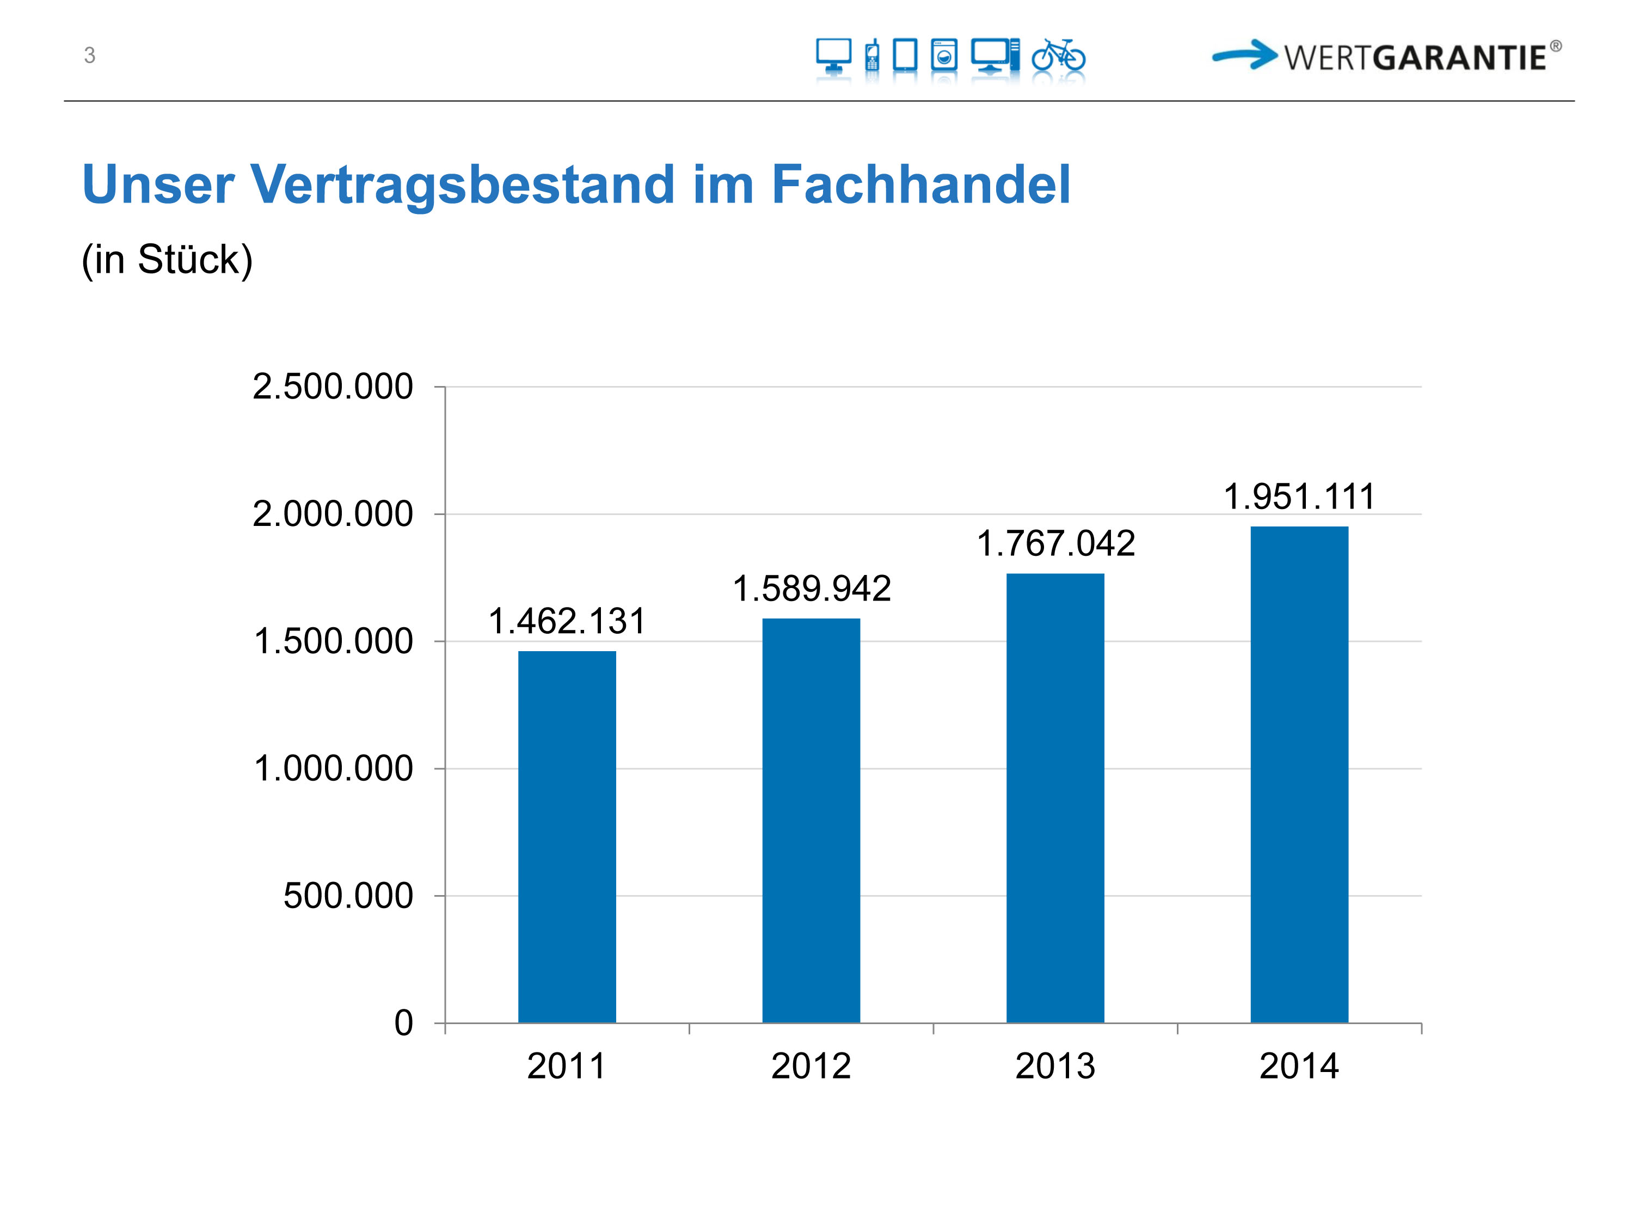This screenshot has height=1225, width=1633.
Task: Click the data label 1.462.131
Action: coord(567,621)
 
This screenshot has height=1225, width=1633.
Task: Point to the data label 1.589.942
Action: coord(812,589)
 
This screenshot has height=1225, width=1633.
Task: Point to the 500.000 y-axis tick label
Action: coord(348,896)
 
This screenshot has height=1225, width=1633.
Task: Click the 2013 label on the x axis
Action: coord(1055,1066)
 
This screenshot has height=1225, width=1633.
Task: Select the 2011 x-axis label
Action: coord(567,1066)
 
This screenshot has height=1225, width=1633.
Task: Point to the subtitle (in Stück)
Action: coord(167,259)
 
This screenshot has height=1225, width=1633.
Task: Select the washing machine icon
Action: coord(943,56)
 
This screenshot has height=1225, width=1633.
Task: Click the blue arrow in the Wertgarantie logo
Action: coord(1245,54)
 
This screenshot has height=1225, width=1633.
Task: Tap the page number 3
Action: coord(89,56)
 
